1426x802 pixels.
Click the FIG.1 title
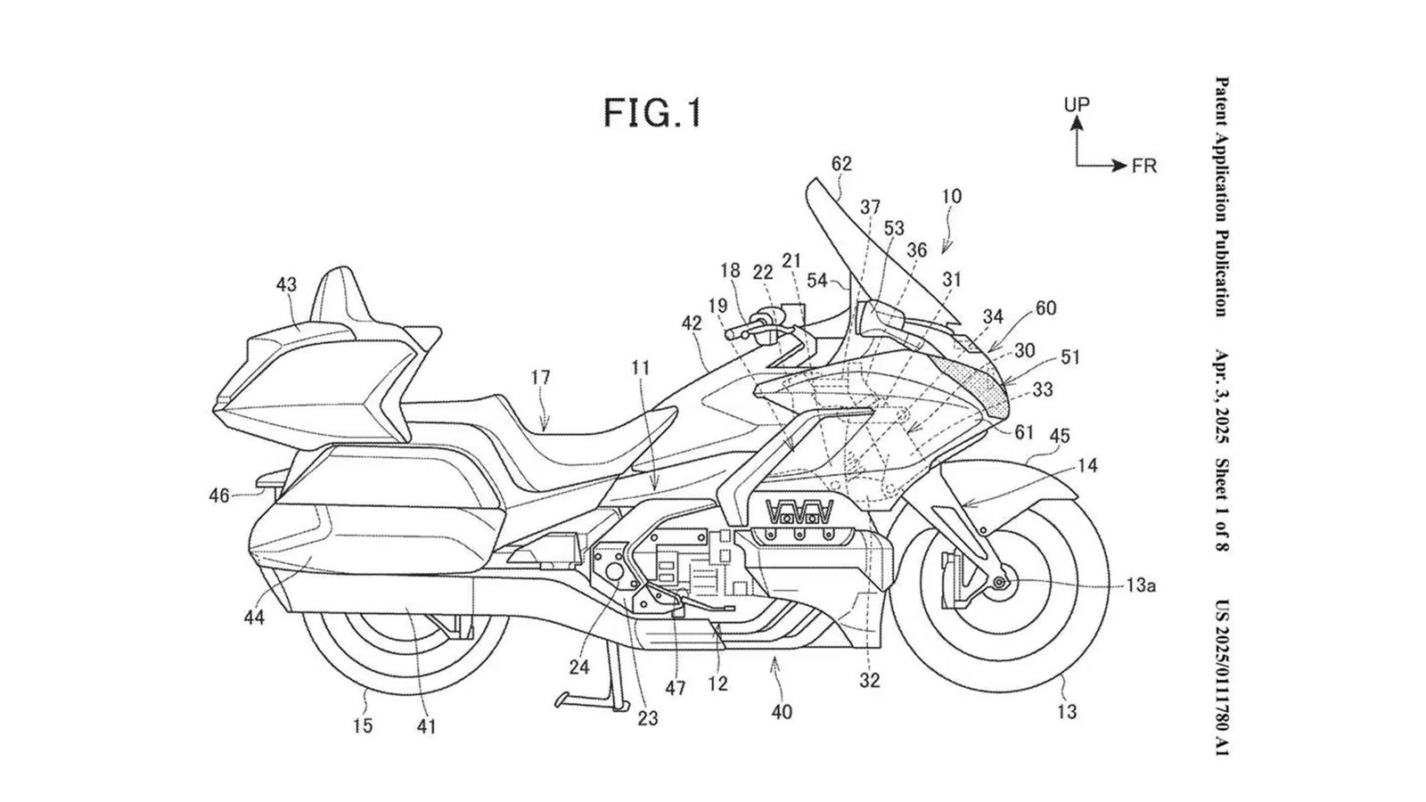[x=652, y=113]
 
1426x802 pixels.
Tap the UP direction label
[x=1077, y=104]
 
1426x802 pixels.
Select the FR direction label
[x=1144, y=167]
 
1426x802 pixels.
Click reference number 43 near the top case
[x=286, y=285]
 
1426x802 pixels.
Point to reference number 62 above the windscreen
[x=841, y=164]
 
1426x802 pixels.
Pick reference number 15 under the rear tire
[x=362, y=725]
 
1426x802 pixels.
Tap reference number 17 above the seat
[x=541, y=377]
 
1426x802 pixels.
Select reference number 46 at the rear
[x=219, y=495]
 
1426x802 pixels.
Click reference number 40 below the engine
[x=782, y=712]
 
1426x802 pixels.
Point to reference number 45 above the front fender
[x=1060, y=437]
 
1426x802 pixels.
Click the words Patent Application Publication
[x=1221, y=196]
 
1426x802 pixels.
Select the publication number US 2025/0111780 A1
[x=1221, y=677]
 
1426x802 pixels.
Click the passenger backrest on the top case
[x=343, y=294]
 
